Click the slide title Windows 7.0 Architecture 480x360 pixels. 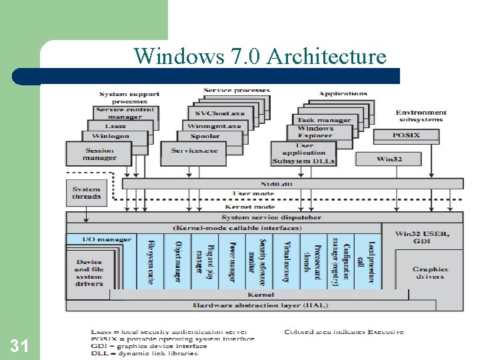(x=260, y=56)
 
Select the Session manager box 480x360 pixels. (x=99, y=154)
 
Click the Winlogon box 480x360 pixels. (x=111, y=136)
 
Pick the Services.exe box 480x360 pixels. (x=194, y=151)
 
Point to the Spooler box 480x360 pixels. (x=205, y=136)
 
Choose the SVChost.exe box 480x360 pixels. (x=219, y=113)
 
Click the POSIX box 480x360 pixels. (x=406, y=135)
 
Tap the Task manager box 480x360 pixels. (x=324, y=120)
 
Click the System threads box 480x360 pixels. (x=87, y=193)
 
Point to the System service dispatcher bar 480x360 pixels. (x=263, y=217)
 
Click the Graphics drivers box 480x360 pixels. (x=430, y=273)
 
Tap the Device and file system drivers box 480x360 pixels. (x=89, y=273)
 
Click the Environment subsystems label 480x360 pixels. (x=421, y=116)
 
